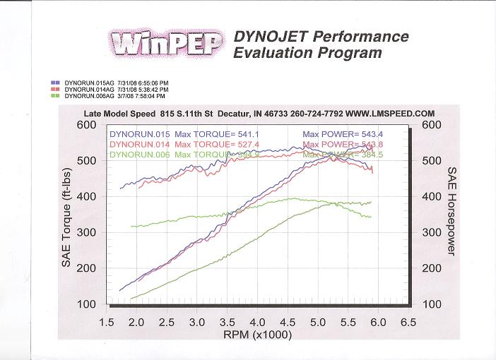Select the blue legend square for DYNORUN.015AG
[x=55, y=83]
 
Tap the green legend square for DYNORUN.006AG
[x=55, y=95]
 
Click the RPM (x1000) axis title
[x=257, y=335]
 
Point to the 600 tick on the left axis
[x=86, y=125]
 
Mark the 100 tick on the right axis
[x=432, y=304]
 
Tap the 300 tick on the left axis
[x=86, y=232]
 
